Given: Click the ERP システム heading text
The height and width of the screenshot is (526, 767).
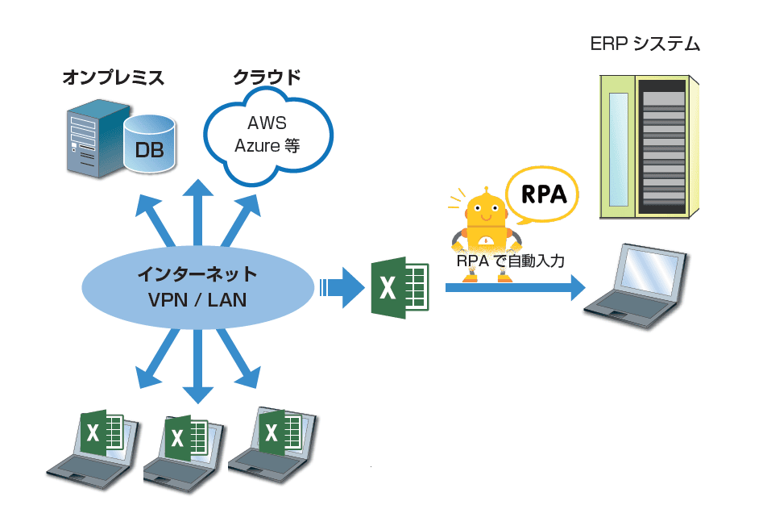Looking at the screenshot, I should pos(645,44).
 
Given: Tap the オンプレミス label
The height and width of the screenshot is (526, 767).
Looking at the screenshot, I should pos(113,78).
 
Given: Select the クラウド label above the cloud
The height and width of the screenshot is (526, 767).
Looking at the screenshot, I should pos(267,78).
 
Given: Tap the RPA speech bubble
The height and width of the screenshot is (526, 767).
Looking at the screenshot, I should pos(544,194).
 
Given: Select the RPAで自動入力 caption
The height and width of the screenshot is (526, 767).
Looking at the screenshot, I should pos(510,261).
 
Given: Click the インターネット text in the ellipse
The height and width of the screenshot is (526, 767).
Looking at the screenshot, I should pos(197,273).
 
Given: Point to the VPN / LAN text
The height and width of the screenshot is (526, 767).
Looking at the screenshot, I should pos(197,300).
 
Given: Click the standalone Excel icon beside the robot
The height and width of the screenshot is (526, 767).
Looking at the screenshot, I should pos(399,288).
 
